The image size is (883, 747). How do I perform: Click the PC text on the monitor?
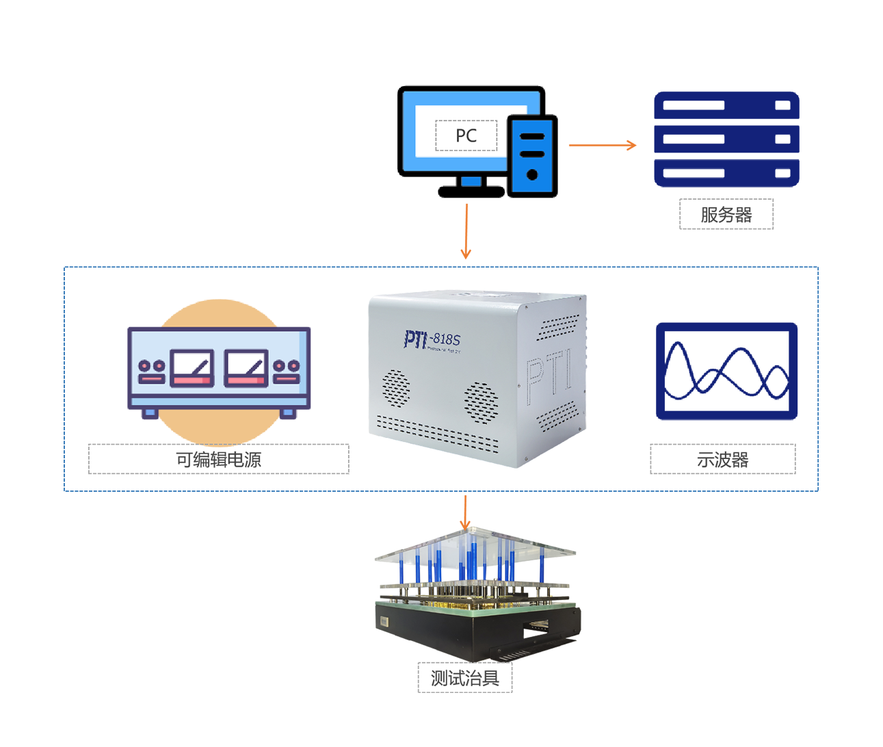click(x=466, y=135)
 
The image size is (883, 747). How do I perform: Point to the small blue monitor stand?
click(x=471, y=181)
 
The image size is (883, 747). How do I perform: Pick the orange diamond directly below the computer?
click(x=466, y=231)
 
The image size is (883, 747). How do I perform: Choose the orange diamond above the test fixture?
click(x=465, y=510)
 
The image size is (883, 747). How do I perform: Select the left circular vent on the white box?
click(x=395, y=386)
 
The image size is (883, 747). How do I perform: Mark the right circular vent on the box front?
click(x=481, y=401)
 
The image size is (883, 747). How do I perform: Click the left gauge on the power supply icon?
click(x=192, y=368)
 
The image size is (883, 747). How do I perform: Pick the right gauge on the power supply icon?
click(x=246, y=368)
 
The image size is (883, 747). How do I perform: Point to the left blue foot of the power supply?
click(x=150, y=412)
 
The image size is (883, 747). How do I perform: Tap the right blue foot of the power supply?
click(x=288, y=412)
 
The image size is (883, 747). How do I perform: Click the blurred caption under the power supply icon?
click(x=219, y=459)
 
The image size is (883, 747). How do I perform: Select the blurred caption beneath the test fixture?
click(x=465, y=678)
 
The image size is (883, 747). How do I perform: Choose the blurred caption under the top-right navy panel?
click(x=726, y=214)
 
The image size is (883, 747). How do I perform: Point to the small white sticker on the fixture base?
click(x=384, y=622)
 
